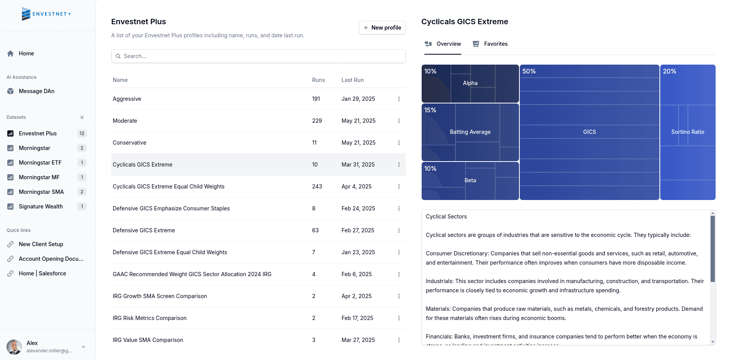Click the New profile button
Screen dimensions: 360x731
[x=382, y=28]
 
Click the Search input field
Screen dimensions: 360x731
[x=259, y=56]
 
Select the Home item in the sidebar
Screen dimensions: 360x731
[x=26, y=53]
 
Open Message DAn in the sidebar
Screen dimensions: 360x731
[x=37, y=91]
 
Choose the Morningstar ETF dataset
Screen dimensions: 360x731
[x=40, y=163]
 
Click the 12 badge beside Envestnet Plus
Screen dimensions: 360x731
[x=82, y=133]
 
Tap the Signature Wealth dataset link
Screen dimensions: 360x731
[x=41, y=207]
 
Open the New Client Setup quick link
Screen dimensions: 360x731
[x=41, y=244]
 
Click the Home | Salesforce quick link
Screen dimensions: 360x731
[x=42, y=273]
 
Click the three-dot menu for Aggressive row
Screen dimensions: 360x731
[x=399, y=99]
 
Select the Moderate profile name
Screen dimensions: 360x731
[x=125, y=121]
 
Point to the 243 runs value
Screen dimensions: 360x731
[x=317, y=187]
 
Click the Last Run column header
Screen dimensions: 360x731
[x=352, y=80]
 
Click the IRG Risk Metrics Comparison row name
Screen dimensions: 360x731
[x=149, y=318]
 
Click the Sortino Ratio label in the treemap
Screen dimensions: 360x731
[x=688, y=132]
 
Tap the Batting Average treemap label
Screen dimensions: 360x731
[x=470, y=132]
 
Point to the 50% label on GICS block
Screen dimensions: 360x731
[x=529, y=71]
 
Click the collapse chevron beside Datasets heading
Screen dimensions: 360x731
[x=82, y=117]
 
